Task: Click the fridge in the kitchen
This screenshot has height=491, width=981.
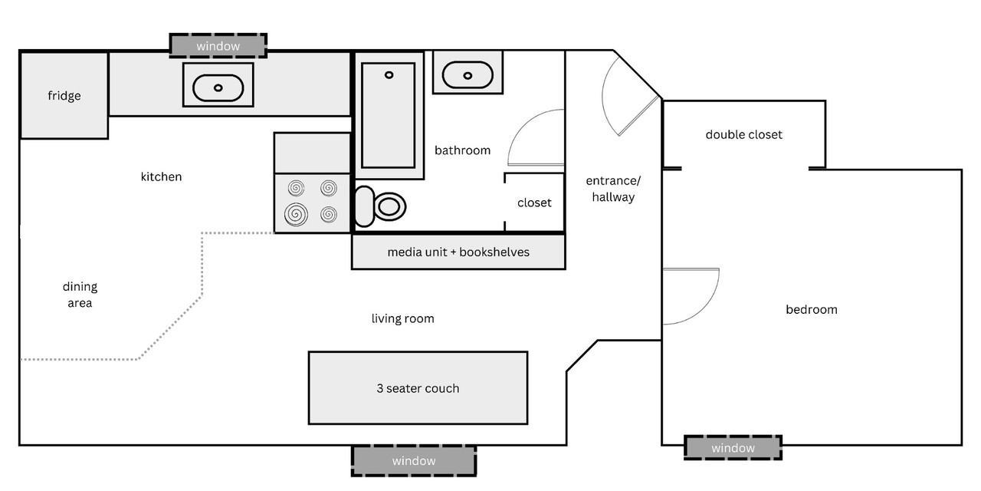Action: [x=64, y=96]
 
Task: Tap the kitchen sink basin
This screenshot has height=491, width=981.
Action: [x=218, y=87]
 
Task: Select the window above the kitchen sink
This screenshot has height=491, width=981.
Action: [x=218, y=46]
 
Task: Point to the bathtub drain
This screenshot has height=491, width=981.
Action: [x=389, y=75]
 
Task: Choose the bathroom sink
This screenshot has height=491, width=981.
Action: [x=468, y=74]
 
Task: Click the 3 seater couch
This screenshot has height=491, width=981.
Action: [x=418, y=388]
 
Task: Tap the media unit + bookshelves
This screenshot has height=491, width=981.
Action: [x=458, y=252]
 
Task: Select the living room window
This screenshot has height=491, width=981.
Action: [x=414, y=460]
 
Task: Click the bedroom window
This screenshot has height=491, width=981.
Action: [x=733, y=448]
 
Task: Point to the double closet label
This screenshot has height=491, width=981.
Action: [x=743, y=135]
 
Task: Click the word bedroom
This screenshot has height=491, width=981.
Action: [x=811, y=310]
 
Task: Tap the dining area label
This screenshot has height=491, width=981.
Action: [x=80, y=295]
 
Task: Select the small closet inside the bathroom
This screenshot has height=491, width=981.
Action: [x=534, y=203]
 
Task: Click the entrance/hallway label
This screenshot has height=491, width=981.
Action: [x=613, y=189]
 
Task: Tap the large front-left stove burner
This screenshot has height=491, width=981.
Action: [x=297, y=214]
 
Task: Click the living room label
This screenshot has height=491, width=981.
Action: [x=402, y=318]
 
